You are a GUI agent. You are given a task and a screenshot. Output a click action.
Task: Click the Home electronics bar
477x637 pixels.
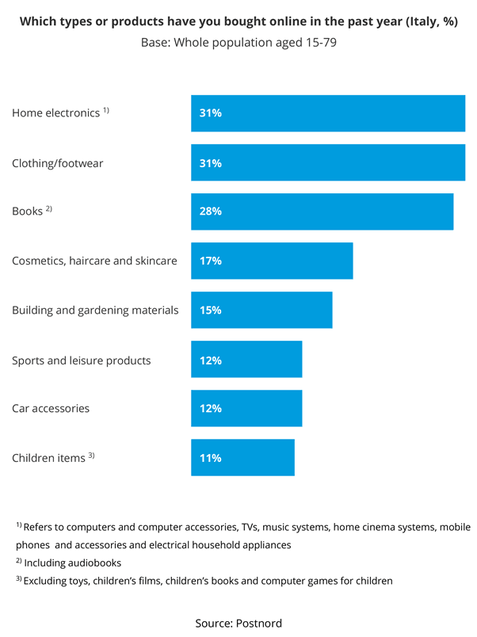(x=327, y=113)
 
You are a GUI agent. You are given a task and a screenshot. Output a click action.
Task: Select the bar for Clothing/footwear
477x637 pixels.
(x=327, y=162)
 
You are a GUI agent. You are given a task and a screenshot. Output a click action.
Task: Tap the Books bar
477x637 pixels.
(x=322, y=212)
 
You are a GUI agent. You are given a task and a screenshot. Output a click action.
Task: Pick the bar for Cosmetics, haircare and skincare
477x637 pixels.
(x=272, y=261)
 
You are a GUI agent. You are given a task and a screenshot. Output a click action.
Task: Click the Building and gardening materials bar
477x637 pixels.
(x=261, y=310)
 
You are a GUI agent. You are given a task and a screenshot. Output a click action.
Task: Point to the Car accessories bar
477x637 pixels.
(x=246, y=408)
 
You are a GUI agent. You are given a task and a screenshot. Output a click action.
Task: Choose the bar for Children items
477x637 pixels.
(x=242, y=457)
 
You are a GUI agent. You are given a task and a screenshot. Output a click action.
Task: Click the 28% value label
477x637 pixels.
(x=211, y=212)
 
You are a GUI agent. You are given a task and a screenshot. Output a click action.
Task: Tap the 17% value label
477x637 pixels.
(x=211, y=261)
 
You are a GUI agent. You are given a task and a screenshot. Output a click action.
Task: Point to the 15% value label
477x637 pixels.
(x=211, y=310)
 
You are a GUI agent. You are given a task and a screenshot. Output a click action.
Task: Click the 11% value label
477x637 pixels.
(x=211, y=457)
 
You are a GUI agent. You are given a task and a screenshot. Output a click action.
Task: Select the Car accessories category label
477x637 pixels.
(x=51, y=409)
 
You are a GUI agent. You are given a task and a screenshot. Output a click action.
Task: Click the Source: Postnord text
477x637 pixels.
(x=238, y=623)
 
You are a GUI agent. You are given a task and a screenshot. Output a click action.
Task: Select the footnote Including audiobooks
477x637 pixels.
(x=72, y=563)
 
